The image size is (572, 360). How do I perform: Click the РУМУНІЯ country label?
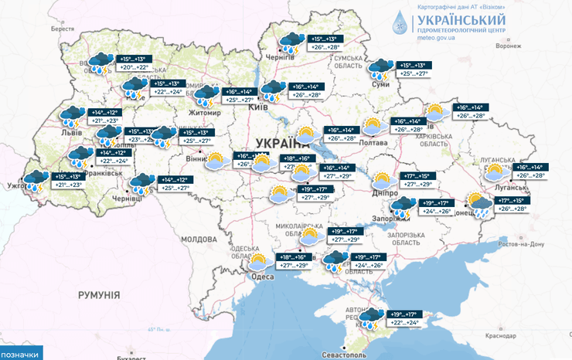click(x=100, y=295)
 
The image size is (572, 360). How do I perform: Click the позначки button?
click(x=21, y=354)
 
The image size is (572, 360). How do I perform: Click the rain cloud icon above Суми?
click(x=380, y=70)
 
